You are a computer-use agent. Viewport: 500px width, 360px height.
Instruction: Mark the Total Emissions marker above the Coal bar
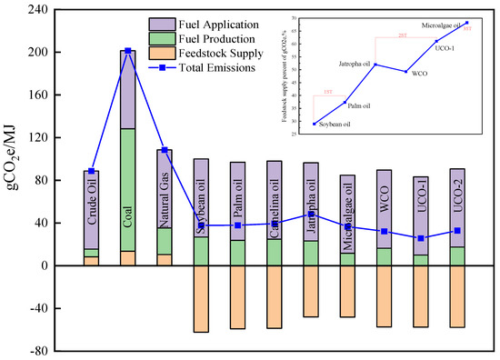(128, 51)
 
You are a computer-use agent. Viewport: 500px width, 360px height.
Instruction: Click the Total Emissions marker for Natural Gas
(165, 150)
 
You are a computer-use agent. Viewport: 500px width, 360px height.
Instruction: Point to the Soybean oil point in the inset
(315, 124)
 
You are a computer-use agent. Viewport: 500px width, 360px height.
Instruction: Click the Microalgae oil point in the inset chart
(466, 23)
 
